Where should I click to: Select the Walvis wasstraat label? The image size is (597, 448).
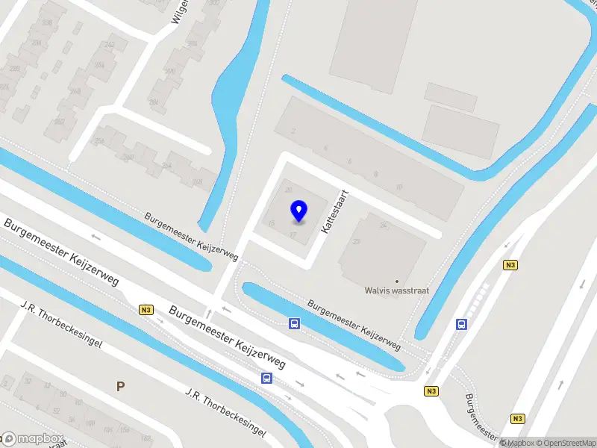pyautogui.click(x=396, y=291)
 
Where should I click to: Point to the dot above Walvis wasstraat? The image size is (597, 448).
pyautogui.click(x=396, y=281)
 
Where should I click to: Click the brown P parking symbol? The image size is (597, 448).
pyautogui.click(x=119, y=386)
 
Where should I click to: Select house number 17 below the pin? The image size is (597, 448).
pyautogui.click(x=294, y=234)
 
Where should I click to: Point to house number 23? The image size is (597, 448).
pyautogui.click(x=357, y=241)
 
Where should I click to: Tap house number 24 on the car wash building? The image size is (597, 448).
pyautogui.click(x=384, y=225)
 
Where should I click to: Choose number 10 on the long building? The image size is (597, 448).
pyautogui.click(x=399, y=187)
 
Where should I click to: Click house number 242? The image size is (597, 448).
pyautogui.click(x=110, y=44)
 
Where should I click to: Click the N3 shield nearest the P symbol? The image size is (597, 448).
pyautogui.click(x=146, y=310)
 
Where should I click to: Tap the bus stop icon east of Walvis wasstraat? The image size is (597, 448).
pyautogui.click(x=462, y=324)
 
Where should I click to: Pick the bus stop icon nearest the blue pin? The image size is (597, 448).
pyautogui.click(x=295, y=323)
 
